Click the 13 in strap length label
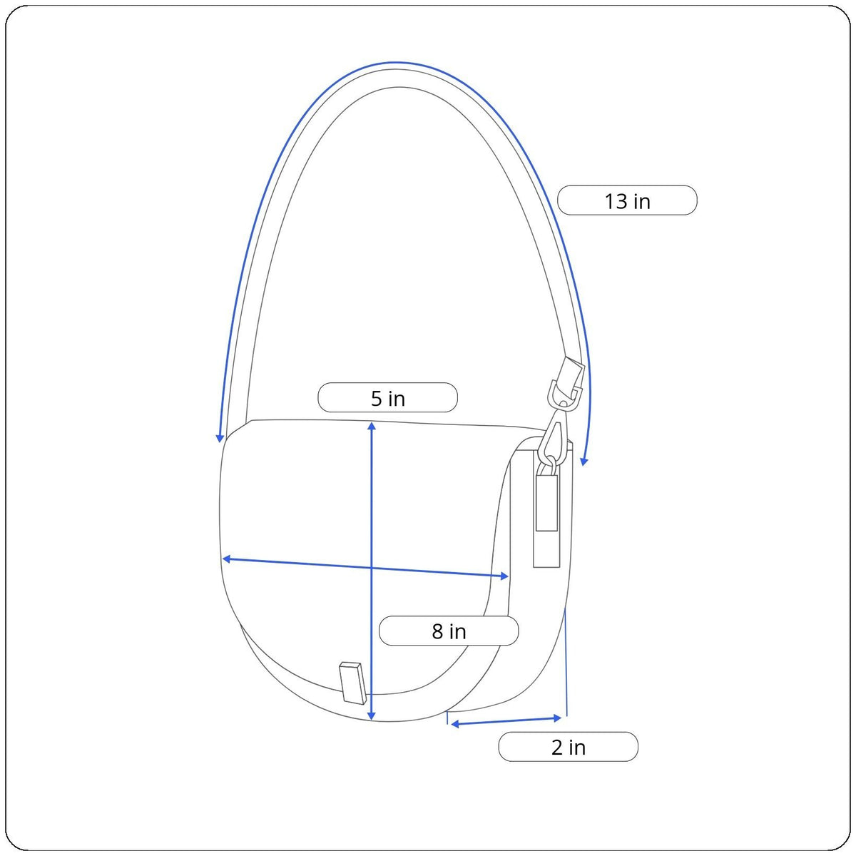click(627, 200)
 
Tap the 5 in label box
click(387, 397)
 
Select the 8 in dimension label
click(449, 631)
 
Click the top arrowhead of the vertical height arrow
click(372, 426)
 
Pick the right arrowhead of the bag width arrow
click(504, 576)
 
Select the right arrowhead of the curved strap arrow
click(584, 462)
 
